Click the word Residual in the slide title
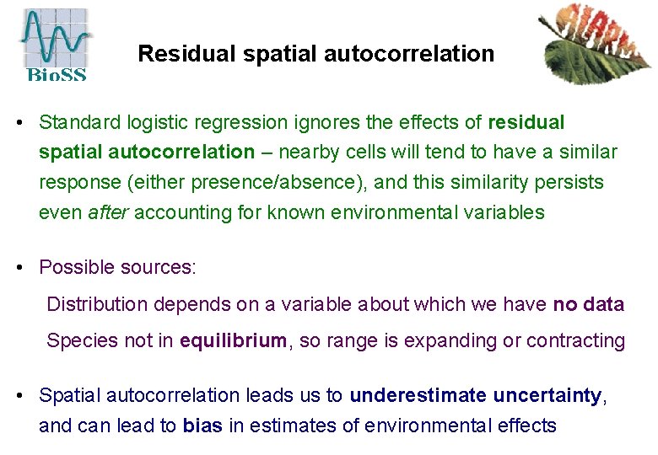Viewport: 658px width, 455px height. [x=179, y=54]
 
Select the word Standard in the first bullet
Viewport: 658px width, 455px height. [x=79, y=123]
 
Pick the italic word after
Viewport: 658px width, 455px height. [x=108, y=212]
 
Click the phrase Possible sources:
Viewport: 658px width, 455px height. [x=117, y=268]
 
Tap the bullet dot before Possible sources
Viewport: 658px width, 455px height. [x=19, y=268]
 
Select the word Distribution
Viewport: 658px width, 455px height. [x=95, y=304]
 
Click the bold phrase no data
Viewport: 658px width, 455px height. [x=588, y=304]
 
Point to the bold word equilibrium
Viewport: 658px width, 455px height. [x=232, y=341]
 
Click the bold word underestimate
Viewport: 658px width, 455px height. [x=418, y=395]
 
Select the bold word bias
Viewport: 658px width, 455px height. [x=202, y=426]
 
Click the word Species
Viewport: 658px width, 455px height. [x=78, y=341]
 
